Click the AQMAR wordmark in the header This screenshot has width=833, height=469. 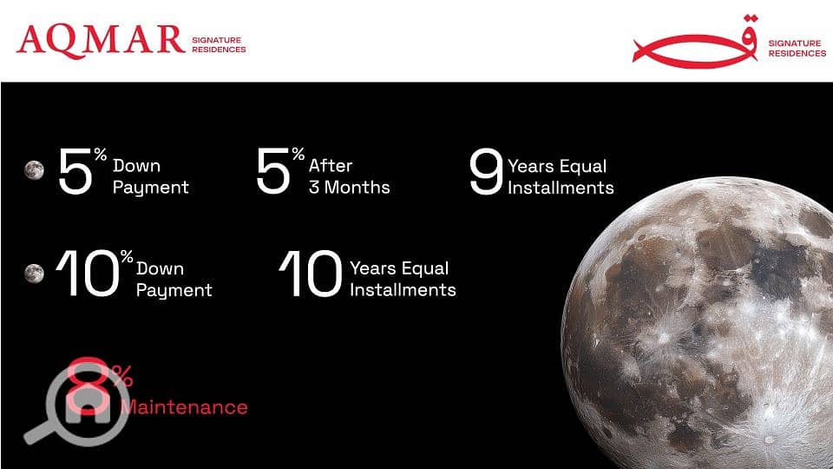pos(101,41)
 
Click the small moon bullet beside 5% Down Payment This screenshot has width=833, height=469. pos(34,170)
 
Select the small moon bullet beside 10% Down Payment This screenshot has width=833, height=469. pos(34,274)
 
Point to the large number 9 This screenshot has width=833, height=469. pos(486,171)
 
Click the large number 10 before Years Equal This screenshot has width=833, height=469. pos(311,274)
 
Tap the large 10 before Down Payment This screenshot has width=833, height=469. pos(87,274)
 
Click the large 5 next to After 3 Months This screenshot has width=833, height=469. pos(273,171)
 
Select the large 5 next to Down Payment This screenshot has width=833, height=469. pos(75,171)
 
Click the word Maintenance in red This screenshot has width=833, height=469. pos(184,407)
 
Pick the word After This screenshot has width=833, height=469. pos(331,165)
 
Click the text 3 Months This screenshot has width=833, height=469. pos(350,188)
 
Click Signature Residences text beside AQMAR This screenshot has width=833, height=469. pos(219,44)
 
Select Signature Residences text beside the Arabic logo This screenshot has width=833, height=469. pos(797,49)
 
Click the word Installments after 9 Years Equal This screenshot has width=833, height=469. pos(561,188)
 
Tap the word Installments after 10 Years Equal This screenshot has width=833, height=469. pos(403,290)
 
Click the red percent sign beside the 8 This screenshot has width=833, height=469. pos(122,375)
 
